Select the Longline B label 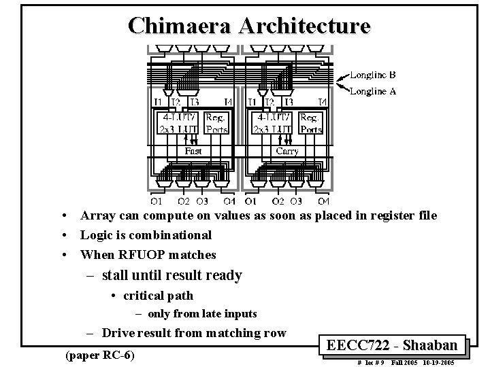pos(373,75)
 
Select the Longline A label pos(373,92)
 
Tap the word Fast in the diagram pos(193,151)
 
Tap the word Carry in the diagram pos(287,151)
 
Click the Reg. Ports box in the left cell pos(216,123)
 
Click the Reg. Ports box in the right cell pos(310,123)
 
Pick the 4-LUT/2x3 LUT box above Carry pos(273,123)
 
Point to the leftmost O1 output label pos(157,201)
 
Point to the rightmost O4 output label pos(323,201)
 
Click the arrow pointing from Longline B pos(342,78)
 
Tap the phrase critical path pos(157,296)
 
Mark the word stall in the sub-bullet pos(116,275)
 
